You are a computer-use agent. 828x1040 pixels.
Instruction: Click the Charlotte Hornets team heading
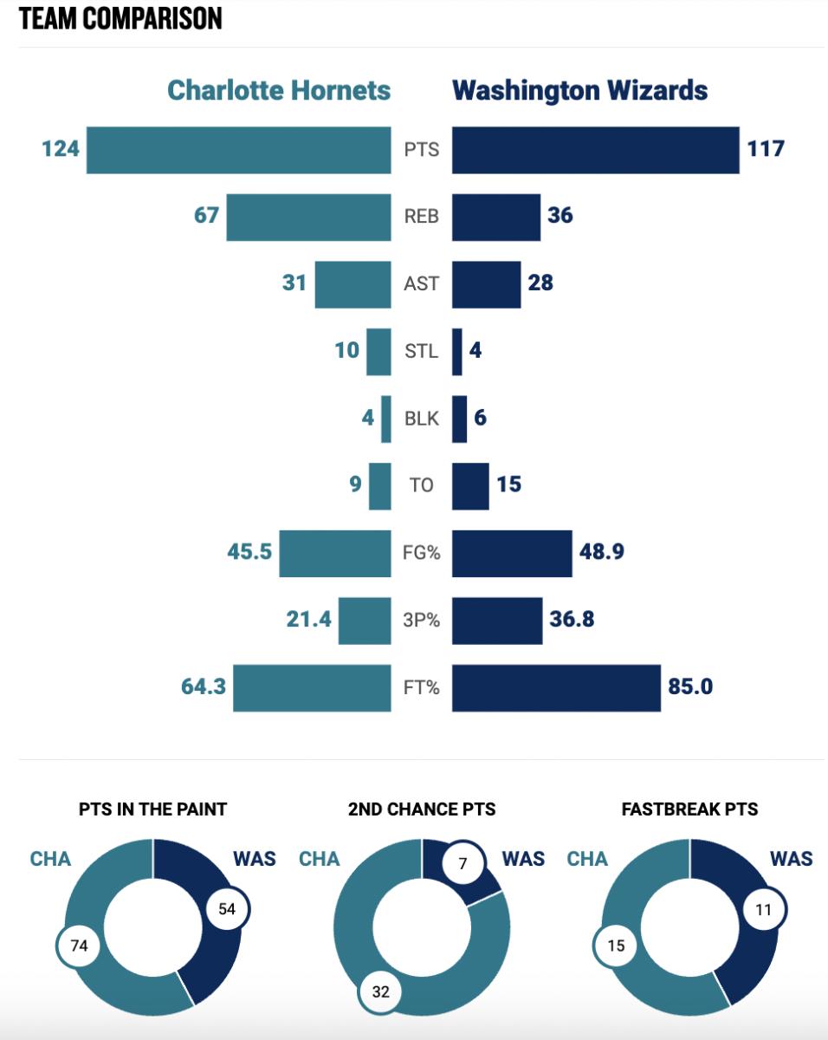pyautogui.click(x=278, y=90)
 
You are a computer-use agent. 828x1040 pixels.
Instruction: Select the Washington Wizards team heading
pyautogui.click(x=579, y=90)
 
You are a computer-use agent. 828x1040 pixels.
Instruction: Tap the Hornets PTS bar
pyautogui.click(x=238, y=150)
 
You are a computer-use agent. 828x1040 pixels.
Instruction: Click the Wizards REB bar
pyautogui.click(x=496, y=217)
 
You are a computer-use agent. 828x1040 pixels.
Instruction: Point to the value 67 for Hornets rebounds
pyautogui.click(x=206, y=215)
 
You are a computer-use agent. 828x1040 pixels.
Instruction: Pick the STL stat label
pyautogui.click(x=421, y=351)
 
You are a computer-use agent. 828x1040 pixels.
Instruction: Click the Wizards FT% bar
pyautogui.click(x=556, y=688)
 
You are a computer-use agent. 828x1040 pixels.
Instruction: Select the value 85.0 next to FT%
pyautogui.click(x=689, y=687)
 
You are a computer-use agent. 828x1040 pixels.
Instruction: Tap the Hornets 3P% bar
pyautogui.click(x=364, y=621)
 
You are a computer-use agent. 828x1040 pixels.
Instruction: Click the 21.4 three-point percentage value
pyautogui.click(x=308, y=620)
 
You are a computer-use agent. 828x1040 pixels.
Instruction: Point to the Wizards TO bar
pyautogui.click(x=470, y=486)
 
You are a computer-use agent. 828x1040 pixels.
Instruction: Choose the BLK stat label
pyautogui.click(x=421, y=419)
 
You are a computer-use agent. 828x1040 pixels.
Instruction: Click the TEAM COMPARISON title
pyautogui.click(x=120, y=18)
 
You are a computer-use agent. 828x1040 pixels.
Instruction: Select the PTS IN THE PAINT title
pyautogui.click(x=152, y=809)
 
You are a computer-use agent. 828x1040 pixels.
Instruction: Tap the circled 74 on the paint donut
pyautogui.click(x=79, y=946)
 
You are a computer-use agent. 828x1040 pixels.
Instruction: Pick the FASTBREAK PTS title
pyautogui.click(x=689, y=809)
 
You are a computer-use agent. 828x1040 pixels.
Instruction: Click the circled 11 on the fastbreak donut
pyautogui.click(x=763, y=910)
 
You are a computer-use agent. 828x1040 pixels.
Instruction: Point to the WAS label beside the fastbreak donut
pyautogui.click(x=791, y=859)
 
